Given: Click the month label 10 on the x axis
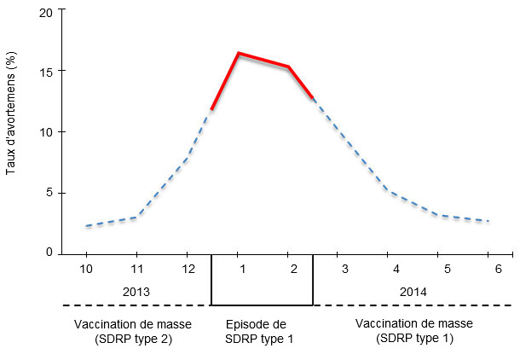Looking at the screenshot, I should click(x=86, y=270).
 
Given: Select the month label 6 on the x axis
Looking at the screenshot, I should click(x=488, y=270).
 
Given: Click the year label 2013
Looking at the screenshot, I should click(x=136, y=291).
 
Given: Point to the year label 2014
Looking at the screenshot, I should click(x=413, y=291).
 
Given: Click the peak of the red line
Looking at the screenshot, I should click(x=238, y=53).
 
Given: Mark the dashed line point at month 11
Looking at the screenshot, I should click(x=136, y=217).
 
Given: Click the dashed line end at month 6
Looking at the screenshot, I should click(x=488, y=221).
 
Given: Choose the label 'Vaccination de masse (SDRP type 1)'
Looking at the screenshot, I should click(x=413, y=331).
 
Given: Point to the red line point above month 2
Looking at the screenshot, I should click(x=288, y=67).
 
